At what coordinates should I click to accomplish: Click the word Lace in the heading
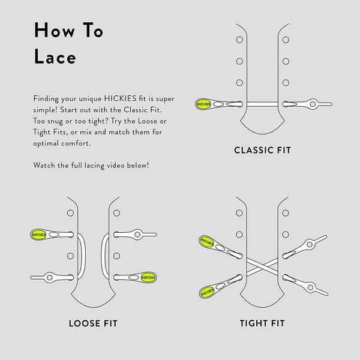pyautogui.click(x=55, y=56)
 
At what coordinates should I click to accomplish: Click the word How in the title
pyautogui.click(x=55, y=30)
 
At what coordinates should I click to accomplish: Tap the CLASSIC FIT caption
pyautogui.click(x=262, y=151)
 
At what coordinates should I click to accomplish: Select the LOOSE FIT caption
pyautogui.click(x=93, y=323)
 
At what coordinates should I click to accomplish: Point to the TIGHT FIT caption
pyautogui.click(x=262, y=323)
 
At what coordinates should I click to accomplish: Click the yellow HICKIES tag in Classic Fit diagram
pyautogui.click(x=203, y=104)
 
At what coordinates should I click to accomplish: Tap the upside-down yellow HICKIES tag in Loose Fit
pyautogui.click(x=148, y=278)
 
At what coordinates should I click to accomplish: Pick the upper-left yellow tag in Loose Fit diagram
pyautogui.click(x=38, y=235)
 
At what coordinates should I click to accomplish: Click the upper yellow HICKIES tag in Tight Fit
pyautogui.click(x=206, y=242)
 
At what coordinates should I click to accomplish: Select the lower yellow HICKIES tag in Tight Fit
pyautogui.click(x=207, y=292)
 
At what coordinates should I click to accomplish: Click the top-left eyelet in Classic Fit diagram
pyautogui.click(x=239, y=40)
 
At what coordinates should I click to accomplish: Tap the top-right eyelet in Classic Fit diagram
pyautogui.click(x=286, y=40)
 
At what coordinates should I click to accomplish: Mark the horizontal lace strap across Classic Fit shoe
pyautogui.click(x=262, y=104)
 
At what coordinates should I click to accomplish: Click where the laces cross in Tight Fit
pyautogui.click(x=262, y=266)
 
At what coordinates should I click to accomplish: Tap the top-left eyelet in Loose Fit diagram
pyautogui.click(x=70, y=213)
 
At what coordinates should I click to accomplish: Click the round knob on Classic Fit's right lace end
pyautogui.click(x=313, y=104)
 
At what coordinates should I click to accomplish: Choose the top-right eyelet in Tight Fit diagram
pyautogui.click(x=286, y=213)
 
